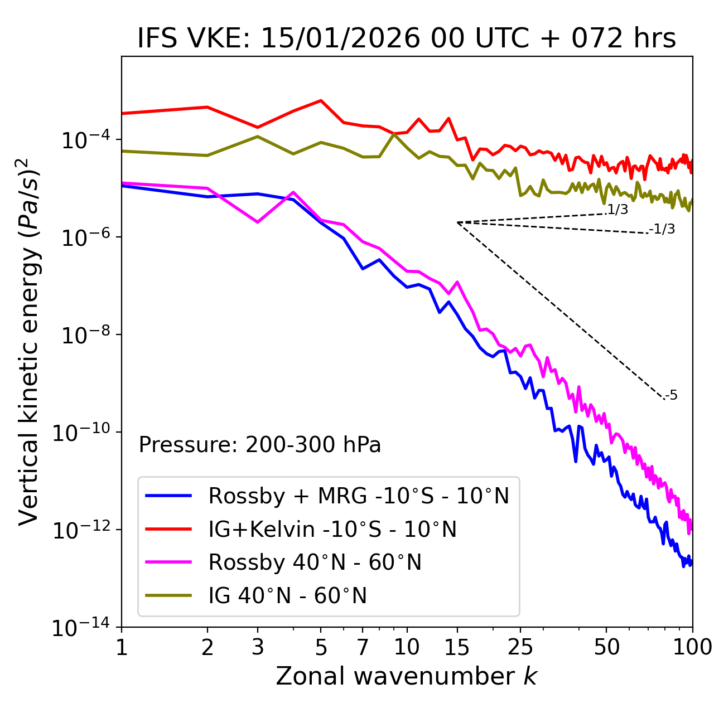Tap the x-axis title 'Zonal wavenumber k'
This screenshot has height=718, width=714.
[x=407, y=676]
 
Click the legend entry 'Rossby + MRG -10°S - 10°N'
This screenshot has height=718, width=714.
[x=358, y=496]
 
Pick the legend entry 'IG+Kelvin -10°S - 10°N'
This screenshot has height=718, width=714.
[x=332, y=529]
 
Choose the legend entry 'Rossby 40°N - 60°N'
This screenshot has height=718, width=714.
[x=315, y=562]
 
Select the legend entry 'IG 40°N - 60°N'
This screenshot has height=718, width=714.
[x=287, y=596]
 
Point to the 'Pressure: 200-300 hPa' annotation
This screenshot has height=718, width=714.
[x=260, y=445]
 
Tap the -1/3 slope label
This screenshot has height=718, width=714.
[x=662, y=229]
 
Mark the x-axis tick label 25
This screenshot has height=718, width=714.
[x=520, y=647]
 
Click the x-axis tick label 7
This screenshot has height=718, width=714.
[x=363, y=647]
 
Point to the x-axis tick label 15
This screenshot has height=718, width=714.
[x=457, y=647]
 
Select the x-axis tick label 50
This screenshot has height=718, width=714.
[x=606, y=647]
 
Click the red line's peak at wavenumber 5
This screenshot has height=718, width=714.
[x=321, y=100]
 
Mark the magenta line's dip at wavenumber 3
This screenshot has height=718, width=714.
[x=257, y=222]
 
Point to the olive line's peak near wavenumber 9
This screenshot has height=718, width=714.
[x=394, y=134]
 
